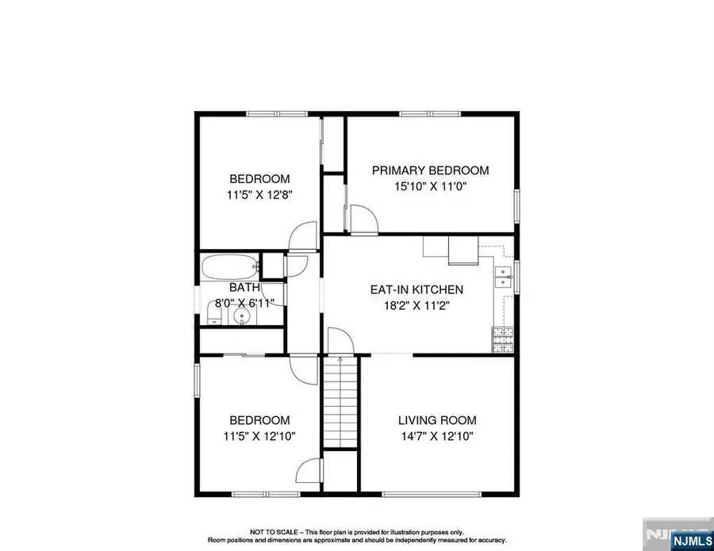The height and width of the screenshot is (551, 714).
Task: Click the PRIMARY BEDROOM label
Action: (x=430, y=170)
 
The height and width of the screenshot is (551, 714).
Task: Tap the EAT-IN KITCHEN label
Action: (x=416, y=289)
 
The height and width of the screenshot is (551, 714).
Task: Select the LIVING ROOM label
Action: (x=437, y=420)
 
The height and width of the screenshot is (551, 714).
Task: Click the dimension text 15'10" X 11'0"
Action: (x=431, y=186)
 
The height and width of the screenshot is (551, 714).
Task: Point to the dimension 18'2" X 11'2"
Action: (x=417, y=305)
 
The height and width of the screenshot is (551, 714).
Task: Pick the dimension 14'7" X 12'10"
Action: (x=437, y=436)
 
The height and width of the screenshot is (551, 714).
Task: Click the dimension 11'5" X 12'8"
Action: (x=259, y=195)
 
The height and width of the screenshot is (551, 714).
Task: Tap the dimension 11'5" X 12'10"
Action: (x=259, y=436)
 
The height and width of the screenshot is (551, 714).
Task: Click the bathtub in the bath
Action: (x=230, y=267)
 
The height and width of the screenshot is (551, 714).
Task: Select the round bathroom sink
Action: (x=241, y=316)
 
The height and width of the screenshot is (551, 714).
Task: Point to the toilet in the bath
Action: (x=213, y=313)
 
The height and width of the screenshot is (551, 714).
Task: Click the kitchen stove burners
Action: (x=503, y=339)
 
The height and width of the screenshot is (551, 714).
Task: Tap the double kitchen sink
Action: (x=504, y=277)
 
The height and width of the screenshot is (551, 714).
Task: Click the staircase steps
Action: (x=340, y=402)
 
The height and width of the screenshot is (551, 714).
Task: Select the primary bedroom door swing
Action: (x=364, y=220)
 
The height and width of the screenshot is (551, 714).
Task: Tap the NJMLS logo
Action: (x=692, y=541)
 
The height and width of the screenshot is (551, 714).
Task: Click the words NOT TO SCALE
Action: (x=274, y=532)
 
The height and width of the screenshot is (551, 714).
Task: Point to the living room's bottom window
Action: (x=432, y=494)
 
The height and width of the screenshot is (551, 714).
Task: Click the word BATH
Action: (x=244, y=288)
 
